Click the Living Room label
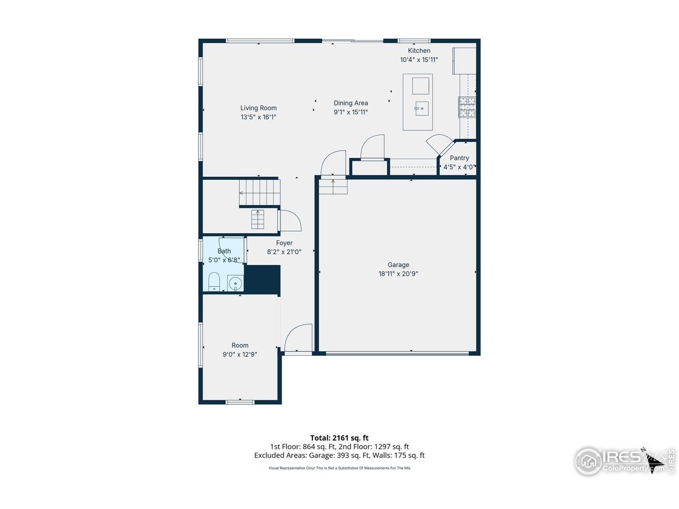pyautogui.click(x=258, y=108)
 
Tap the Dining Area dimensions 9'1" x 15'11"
pyautogui.click(x=351, y=112)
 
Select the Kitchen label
pyautogui.click(x=419, y=51)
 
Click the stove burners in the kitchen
pyautogui.click(x=467, y=107)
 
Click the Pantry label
pyautogui.click(x=459, y=158)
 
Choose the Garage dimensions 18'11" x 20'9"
pyautogui.click(x=398, y=274)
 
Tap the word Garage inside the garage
pyautogui.click(x=398, y=265)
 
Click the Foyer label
pyautogui.click(x=284, y=243)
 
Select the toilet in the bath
pyautogui.click(x=214, y=282)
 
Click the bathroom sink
pyautogui.click(x=235, y=283)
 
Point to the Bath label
pyautogui.click(x=224, y=251)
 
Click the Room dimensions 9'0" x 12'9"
pyautogui.click(x=240, y=355)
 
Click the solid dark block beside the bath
pyautogui.click(x=262, y=279)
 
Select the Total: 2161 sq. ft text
pyautogui.click(x=339, y=438)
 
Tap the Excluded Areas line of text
pyautogui.click(x=339, y=455)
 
